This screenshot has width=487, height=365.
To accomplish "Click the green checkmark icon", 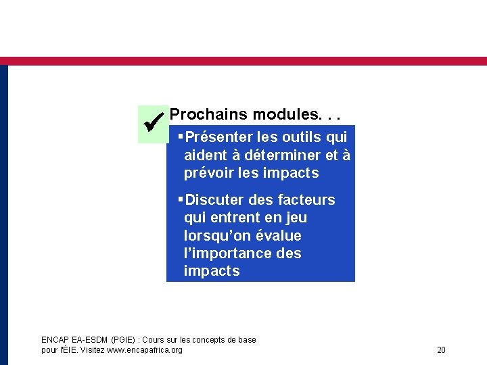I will coord(151,124).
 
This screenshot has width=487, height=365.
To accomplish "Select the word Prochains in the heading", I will coord(208,115).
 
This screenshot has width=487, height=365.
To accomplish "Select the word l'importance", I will coord(226,253).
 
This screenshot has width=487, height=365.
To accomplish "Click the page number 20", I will coord(441,349).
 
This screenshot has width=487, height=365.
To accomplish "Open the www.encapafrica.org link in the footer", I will coord(149,349).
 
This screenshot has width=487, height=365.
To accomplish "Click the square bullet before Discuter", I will coord(180,200).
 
